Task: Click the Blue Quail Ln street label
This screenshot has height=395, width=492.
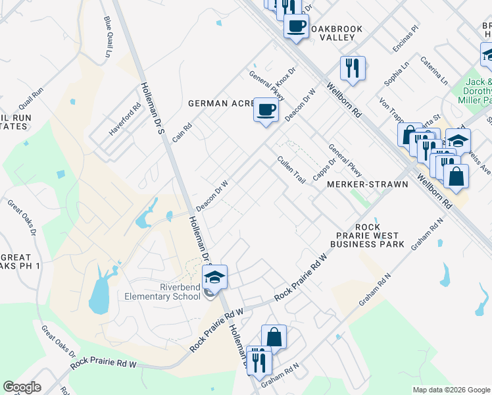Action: tap(107, 36)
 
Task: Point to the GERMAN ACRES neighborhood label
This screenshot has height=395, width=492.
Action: tap(221, 103)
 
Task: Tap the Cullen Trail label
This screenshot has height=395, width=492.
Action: tap(291, 170)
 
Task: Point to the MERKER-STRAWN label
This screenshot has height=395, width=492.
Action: tap(367, 184)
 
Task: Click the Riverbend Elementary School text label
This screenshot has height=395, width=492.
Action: tap(162, 292)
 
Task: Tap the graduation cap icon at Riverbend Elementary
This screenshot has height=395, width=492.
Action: tap(214, 277)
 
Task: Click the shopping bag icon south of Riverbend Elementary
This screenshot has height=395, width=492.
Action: tap(274, 337)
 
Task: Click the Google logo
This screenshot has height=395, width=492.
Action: tap(22, 387)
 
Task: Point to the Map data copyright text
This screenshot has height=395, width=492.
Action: tap(451, 390)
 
